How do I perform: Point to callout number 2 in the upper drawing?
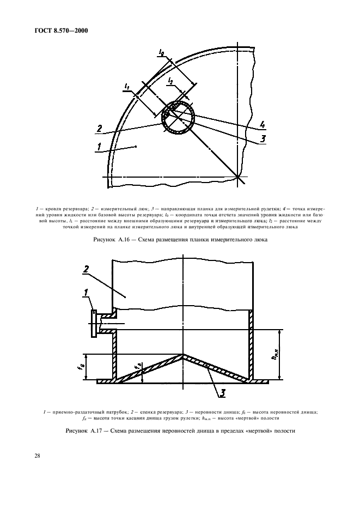coord(99,129)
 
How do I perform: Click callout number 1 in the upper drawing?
coord(99,145)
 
